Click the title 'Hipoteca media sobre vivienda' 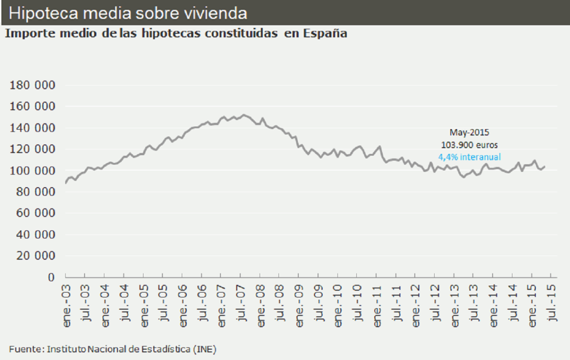coord(128,13)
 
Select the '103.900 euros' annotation coord(469,144)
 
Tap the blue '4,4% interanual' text coord(469,156)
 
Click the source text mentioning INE coord(113,349)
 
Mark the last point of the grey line coord(544,166)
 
